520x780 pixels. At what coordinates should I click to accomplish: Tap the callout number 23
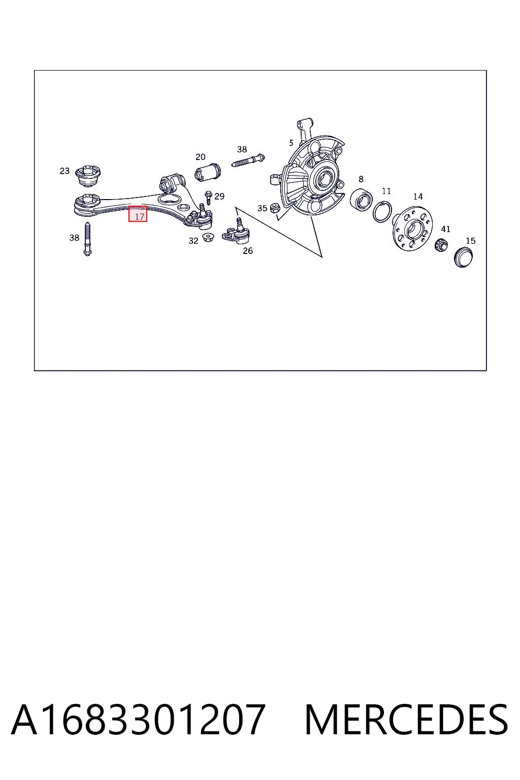pyautogui.click(x=64, y=171)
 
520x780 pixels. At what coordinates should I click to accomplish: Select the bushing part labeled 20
pyautogui.click(x=208, y=171)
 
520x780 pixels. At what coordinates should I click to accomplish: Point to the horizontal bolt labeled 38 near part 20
pyautogui.click(x=248, y=161)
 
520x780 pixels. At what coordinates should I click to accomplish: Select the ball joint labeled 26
pyautogui.click(x=236, y=233)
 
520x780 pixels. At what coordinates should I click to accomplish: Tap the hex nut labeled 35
pyautogui.click(x=275, y=208)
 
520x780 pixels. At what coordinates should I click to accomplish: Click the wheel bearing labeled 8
pyautogui.click(x=361, y=200)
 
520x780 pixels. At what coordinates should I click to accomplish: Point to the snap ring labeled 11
pyautogui.click(x=382, y=211)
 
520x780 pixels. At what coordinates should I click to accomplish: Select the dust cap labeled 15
pyautogui.click(x=464, y=257)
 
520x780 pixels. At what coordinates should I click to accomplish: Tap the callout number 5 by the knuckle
pyautogui.click(x=291, y=143)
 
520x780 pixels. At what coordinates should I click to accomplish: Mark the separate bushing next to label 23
pyautogui.click(x=88, y=176)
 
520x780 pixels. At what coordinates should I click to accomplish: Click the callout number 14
pyautogui.click(x=418, y=197)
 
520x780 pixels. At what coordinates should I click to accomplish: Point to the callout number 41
pyautogui.click(x=445, y=229)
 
